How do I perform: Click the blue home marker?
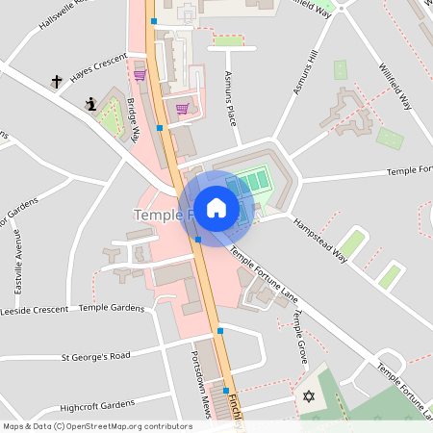216,207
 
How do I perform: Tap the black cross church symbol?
57,83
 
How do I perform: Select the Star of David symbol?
309,396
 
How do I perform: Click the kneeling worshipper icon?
91,104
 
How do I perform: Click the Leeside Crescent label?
35,311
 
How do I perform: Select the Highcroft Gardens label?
97,404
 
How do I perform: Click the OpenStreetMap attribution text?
97,425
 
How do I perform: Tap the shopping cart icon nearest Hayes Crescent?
140,74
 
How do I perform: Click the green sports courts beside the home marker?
255,181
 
